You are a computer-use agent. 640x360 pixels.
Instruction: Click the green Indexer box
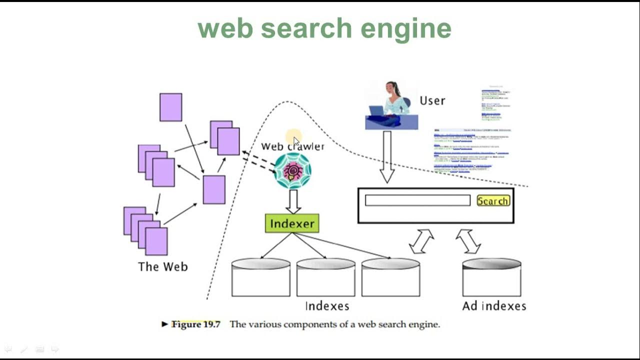[292, 223]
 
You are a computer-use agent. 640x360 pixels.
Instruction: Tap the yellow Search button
[493, 201]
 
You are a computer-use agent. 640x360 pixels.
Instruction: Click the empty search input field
[417, 200]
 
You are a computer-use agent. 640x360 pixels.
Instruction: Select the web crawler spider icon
[293, 171]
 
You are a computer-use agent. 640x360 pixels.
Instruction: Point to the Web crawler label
[292, 146]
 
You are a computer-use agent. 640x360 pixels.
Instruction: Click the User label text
[432, 100]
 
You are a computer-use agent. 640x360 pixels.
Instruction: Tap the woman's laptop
[377, 110]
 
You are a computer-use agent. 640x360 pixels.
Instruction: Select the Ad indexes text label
[494, 305]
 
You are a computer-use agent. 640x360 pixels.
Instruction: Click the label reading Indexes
[327, 305]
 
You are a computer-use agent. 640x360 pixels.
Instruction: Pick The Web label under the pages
[163, 266]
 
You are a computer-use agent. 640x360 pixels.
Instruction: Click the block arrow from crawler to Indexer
[293, 201]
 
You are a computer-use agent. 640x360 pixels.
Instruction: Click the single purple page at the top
[170, 107]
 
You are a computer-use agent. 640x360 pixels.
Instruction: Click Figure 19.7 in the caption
[195, 324]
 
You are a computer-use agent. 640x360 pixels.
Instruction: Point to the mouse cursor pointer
[296, 141]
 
